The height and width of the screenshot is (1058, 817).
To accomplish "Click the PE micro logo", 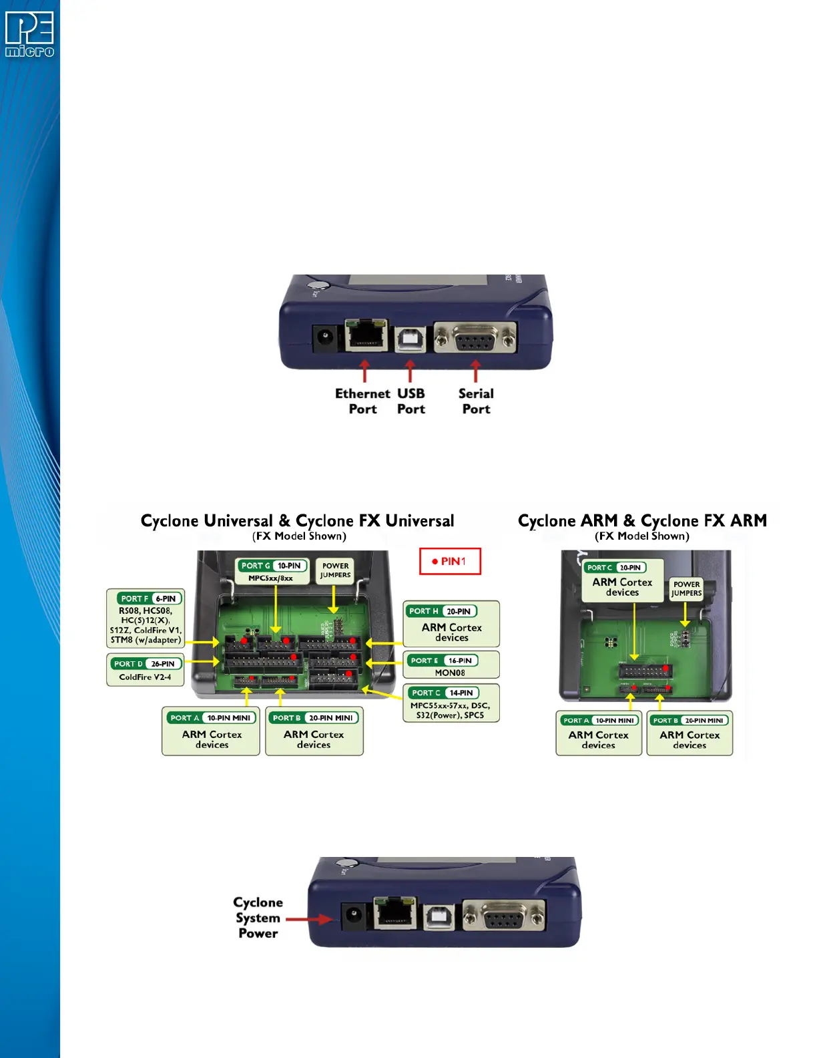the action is coord(29,35).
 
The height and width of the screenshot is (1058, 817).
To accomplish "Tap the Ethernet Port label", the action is coord(362,401).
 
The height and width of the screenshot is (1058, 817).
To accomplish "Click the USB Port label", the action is coord(411,401).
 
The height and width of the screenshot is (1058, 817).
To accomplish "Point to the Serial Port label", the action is coord(476,401).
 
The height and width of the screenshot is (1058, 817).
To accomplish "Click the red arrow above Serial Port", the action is coord(475,371).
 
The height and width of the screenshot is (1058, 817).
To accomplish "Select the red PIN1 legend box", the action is coord(450,561).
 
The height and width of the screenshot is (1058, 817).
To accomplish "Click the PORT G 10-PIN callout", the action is coord(273,571).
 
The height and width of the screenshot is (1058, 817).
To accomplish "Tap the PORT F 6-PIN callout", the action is coord(146,619).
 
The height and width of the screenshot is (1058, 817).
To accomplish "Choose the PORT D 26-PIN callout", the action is coord(146,670).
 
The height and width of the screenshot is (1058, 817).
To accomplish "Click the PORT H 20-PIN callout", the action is coord(451,623).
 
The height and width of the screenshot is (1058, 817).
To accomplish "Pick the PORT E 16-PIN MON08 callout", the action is coord(451,665).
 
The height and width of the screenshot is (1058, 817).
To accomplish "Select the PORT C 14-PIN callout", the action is coord(451,703).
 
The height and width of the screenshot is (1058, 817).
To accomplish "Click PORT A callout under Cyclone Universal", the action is coord(211,731).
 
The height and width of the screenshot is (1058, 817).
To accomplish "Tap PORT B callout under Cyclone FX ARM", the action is coord(690,733).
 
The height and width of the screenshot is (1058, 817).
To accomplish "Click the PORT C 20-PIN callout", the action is coord(622,580).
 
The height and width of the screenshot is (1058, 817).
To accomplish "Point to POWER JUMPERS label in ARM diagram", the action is coord(686,588).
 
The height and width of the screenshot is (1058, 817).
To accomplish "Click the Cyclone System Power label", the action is coord(258,918).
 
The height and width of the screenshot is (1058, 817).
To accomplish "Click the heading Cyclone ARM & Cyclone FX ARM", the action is coord(642,521).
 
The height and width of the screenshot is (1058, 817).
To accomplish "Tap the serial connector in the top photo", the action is coord(475,339).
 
